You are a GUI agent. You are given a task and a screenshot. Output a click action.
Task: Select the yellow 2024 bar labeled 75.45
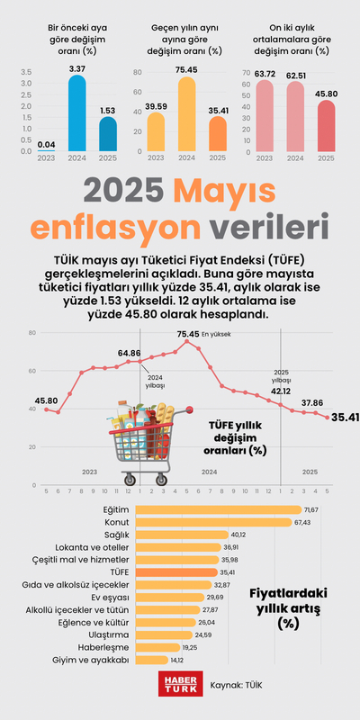[186, 115]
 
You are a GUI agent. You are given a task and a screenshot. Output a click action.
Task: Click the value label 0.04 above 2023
[46, 143]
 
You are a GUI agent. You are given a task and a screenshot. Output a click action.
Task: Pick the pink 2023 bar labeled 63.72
[265, 116]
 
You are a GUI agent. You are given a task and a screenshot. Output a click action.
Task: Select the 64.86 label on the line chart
[129, 353]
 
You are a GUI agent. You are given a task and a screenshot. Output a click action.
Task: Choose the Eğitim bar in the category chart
[217, 510]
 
